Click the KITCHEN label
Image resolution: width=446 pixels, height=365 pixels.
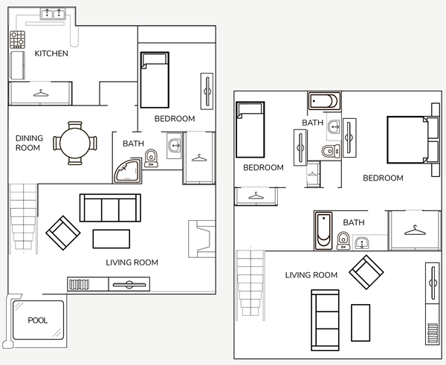(x=51, y=54)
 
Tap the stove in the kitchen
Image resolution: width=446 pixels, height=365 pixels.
(x=17, y=39)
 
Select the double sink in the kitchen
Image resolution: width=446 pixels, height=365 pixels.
(x=53, y=13)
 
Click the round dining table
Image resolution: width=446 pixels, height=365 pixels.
(x=75, y=143)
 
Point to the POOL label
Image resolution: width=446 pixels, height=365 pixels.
(x=38, y=320)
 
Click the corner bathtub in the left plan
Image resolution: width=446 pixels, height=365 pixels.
(x=128, y=171)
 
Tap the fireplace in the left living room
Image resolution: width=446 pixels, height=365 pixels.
(x=202, y=239)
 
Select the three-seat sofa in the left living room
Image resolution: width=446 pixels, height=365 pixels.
(x=110, y=207)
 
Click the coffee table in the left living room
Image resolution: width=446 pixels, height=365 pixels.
(x=111, y=239)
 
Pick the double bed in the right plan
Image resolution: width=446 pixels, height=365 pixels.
(x=409, y=140)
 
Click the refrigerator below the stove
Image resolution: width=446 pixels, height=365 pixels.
(x=17, y=65)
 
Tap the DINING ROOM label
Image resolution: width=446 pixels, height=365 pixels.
(x=29, y=143)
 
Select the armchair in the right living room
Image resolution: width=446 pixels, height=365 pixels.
(x=366, y=272)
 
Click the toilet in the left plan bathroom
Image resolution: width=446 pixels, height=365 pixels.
(x=151, y=158)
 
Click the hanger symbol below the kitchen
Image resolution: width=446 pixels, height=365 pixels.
(x=41, y=94)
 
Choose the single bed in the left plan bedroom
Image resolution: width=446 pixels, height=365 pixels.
(x=155, y=80)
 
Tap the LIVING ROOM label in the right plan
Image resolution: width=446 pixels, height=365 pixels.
(x=311, y=275)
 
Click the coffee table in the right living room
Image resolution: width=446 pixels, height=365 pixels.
(x=361, y=323)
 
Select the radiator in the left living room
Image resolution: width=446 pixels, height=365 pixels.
(x=79, y=285)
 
